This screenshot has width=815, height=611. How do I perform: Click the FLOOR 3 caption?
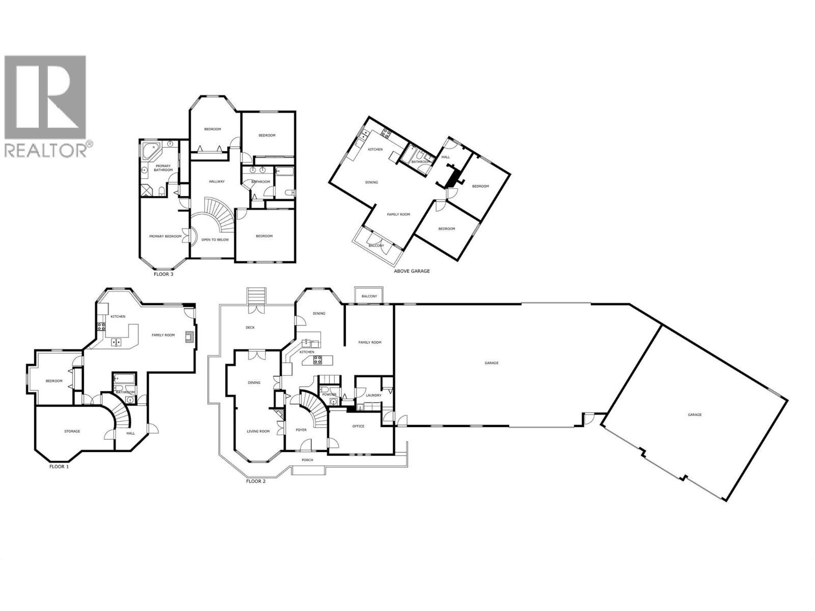[164, 274]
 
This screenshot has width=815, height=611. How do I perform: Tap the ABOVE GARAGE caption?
[412, 271]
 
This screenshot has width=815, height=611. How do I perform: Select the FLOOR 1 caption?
[59, 466]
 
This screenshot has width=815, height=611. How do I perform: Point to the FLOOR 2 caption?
[256, 481]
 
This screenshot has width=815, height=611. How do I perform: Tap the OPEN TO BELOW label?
[215, 239]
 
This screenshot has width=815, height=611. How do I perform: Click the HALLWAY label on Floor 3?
[216, 181]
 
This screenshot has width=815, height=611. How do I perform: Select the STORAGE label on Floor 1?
[72, 431]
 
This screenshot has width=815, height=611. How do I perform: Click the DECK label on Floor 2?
[250, 327]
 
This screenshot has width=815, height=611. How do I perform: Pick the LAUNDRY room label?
[373, 395]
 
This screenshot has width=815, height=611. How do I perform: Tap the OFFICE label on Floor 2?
[358, 426]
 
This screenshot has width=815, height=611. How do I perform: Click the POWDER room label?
[329, 395]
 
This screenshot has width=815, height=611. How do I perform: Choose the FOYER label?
[302, 430]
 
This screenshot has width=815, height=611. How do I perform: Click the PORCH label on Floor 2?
[307, 460]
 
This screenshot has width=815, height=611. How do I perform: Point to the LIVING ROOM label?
[258, 431]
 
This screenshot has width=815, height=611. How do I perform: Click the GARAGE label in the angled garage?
[695, 414]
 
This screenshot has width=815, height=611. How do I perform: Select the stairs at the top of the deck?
[256, 296]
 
